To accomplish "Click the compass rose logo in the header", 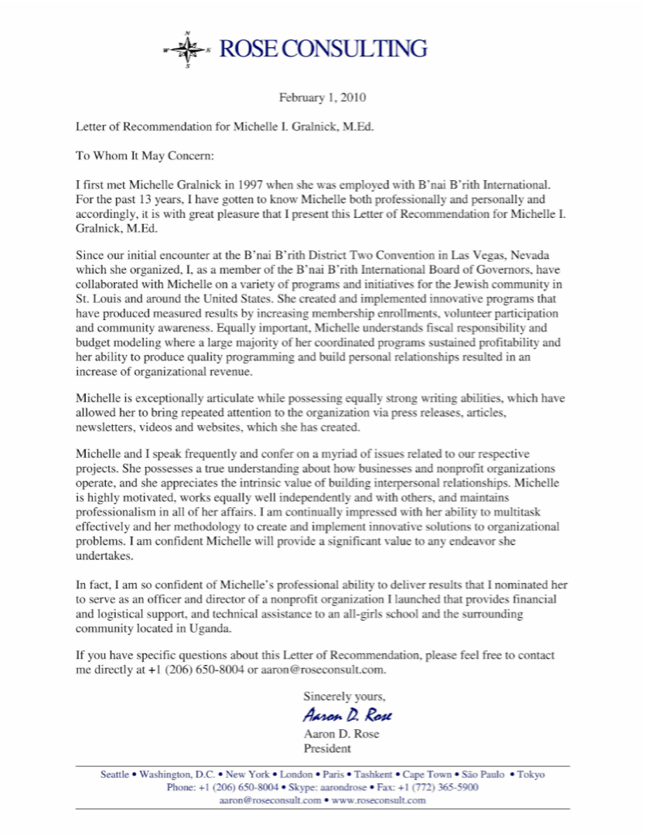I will pyautogui.click(x=186, y=49).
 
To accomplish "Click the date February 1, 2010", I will pyautogui.click(x=322, y=98).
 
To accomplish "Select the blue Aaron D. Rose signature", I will pyautogui.click(x=337, y=714).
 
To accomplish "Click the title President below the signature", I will pyautogui.click(x=328, y=748).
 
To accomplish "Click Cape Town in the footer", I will pyautogui.click(x=428, y=774).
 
